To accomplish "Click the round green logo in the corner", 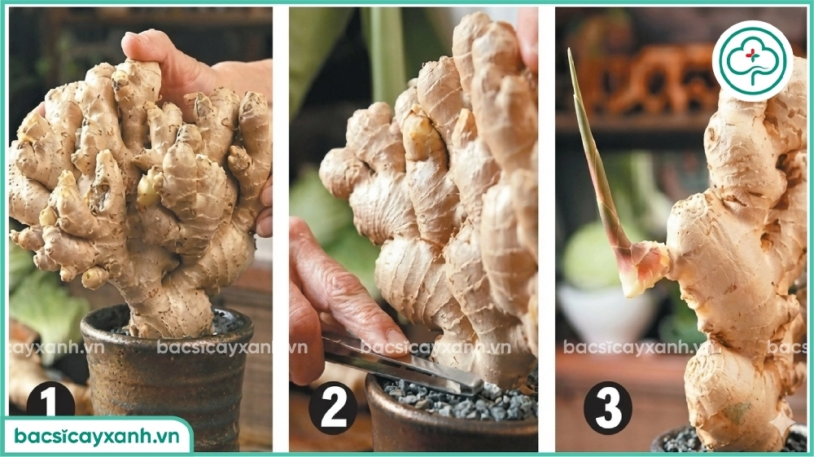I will pyautogui.click(x=751, y=61).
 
